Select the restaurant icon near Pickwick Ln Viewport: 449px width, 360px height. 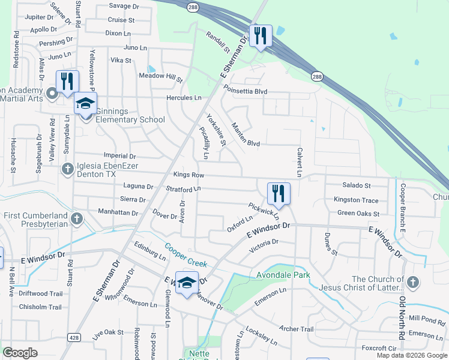coord(279,193)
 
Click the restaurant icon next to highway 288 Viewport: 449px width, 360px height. coord(261,35)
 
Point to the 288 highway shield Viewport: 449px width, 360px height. coord(316,76)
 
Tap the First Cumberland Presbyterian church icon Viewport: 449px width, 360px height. coord(76,219)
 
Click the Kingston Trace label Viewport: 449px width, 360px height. coord(356,200)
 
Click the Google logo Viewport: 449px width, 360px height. coord(20,353)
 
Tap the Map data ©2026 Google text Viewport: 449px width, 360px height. coord(411,355)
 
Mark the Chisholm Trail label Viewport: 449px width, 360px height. coord(40,307)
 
